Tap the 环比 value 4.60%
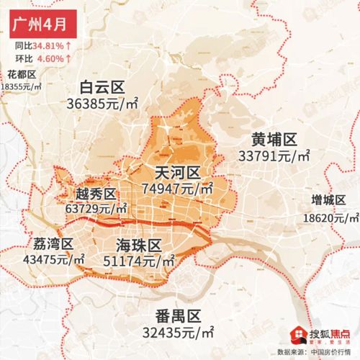pos(46,58)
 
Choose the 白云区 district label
pos(102,88)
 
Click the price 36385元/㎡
pos(102,104)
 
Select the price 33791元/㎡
pos(274,155)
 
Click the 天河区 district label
pos(176,173)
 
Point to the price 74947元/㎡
pos(177,189)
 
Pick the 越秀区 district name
pos(96,194)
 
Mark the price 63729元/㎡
pos(96,208)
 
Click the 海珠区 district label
pos(136,245)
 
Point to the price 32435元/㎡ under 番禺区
pos(178,333)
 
